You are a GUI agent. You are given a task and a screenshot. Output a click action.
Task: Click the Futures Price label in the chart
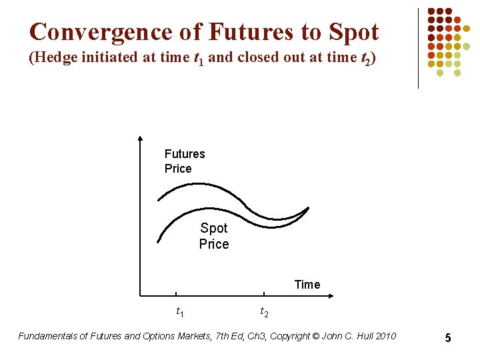[x=185, y=161]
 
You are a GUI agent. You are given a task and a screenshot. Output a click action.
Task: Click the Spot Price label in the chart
[x=214, y=236]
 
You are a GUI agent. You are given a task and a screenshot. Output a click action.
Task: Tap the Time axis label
[x=307, y=285]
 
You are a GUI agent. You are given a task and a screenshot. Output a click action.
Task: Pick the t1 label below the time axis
[x=179, y=311]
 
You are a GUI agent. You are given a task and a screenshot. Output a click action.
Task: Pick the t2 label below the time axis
[x=264, y=311]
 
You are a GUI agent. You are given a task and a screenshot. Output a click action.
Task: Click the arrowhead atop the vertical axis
[x=140, y=139]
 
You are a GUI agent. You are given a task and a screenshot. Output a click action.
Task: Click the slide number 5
[x=448, y=338]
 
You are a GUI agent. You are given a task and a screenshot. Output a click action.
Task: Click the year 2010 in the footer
[x=385, y=336]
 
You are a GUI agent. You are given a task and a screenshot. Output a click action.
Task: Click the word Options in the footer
[x=159, y=336]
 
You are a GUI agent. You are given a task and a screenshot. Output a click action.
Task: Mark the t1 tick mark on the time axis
[x=177, y=293]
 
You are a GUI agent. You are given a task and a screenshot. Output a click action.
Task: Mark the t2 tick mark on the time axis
[x=264, y=293]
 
